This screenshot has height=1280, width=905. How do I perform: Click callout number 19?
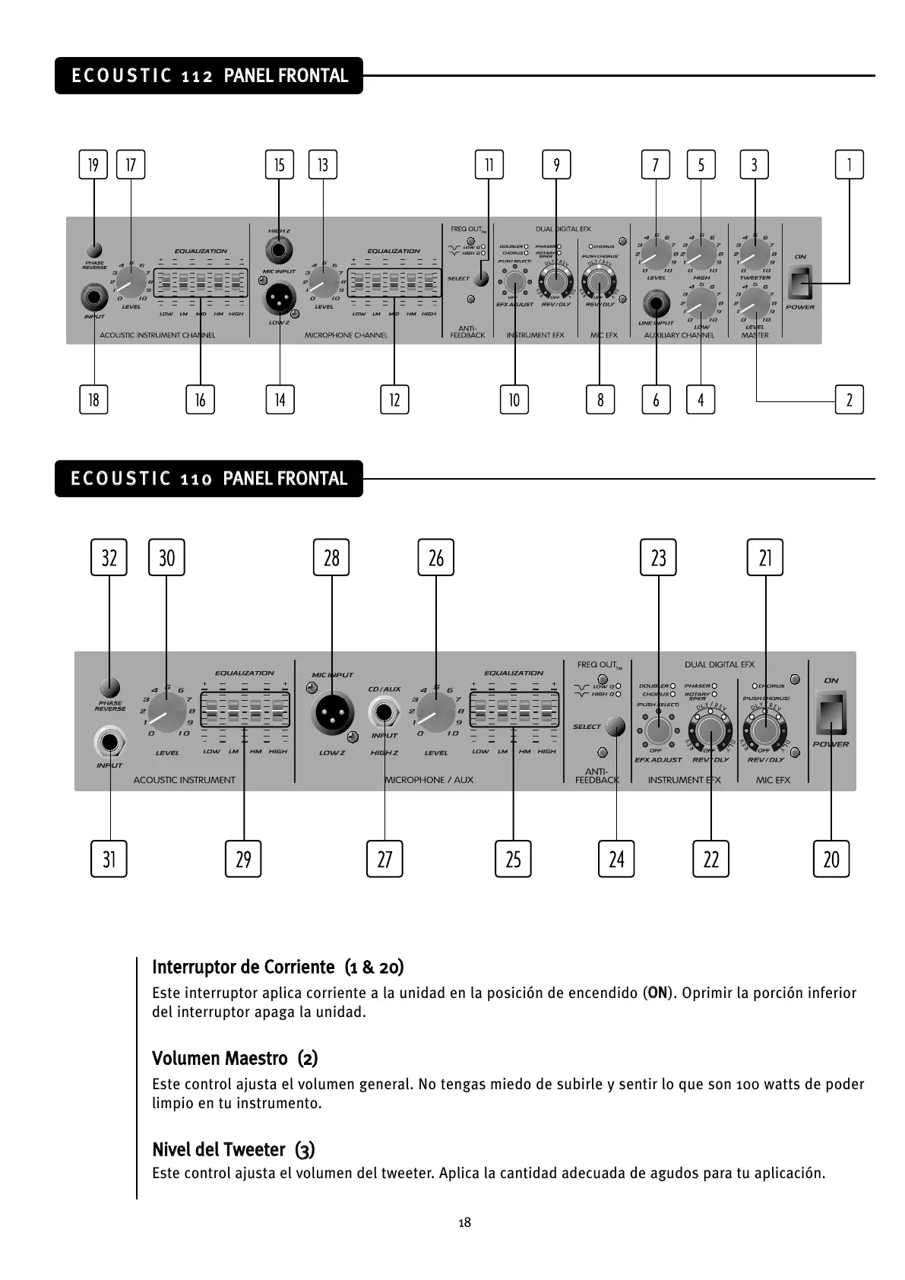tap(93, 165)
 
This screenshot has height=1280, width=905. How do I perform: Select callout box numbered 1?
tap(849, 165)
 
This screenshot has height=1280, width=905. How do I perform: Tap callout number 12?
tap(394, 400)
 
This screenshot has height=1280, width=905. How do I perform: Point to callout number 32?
tap(109, 558)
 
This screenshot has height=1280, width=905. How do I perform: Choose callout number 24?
tap(616, 859)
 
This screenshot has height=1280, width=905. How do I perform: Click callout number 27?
tap(384, 859)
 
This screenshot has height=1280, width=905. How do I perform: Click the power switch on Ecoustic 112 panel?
tap(800, 282)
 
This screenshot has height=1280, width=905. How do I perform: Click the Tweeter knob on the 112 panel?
tap(755, 257)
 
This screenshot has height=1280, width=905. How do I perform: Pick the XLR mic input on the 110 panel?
tap(332, 712)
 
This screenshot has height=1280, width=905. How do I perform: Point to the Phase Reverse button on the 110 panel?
tap(109, 685)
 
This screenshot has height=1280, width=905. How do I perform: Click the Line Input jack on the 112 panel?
tap(656, 306)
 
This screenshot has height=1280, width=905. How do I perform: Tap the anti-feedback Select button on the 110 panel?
tap(615, 726)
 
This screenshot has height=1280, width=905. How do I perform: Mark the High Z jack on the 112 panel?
tap(280, 250)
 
